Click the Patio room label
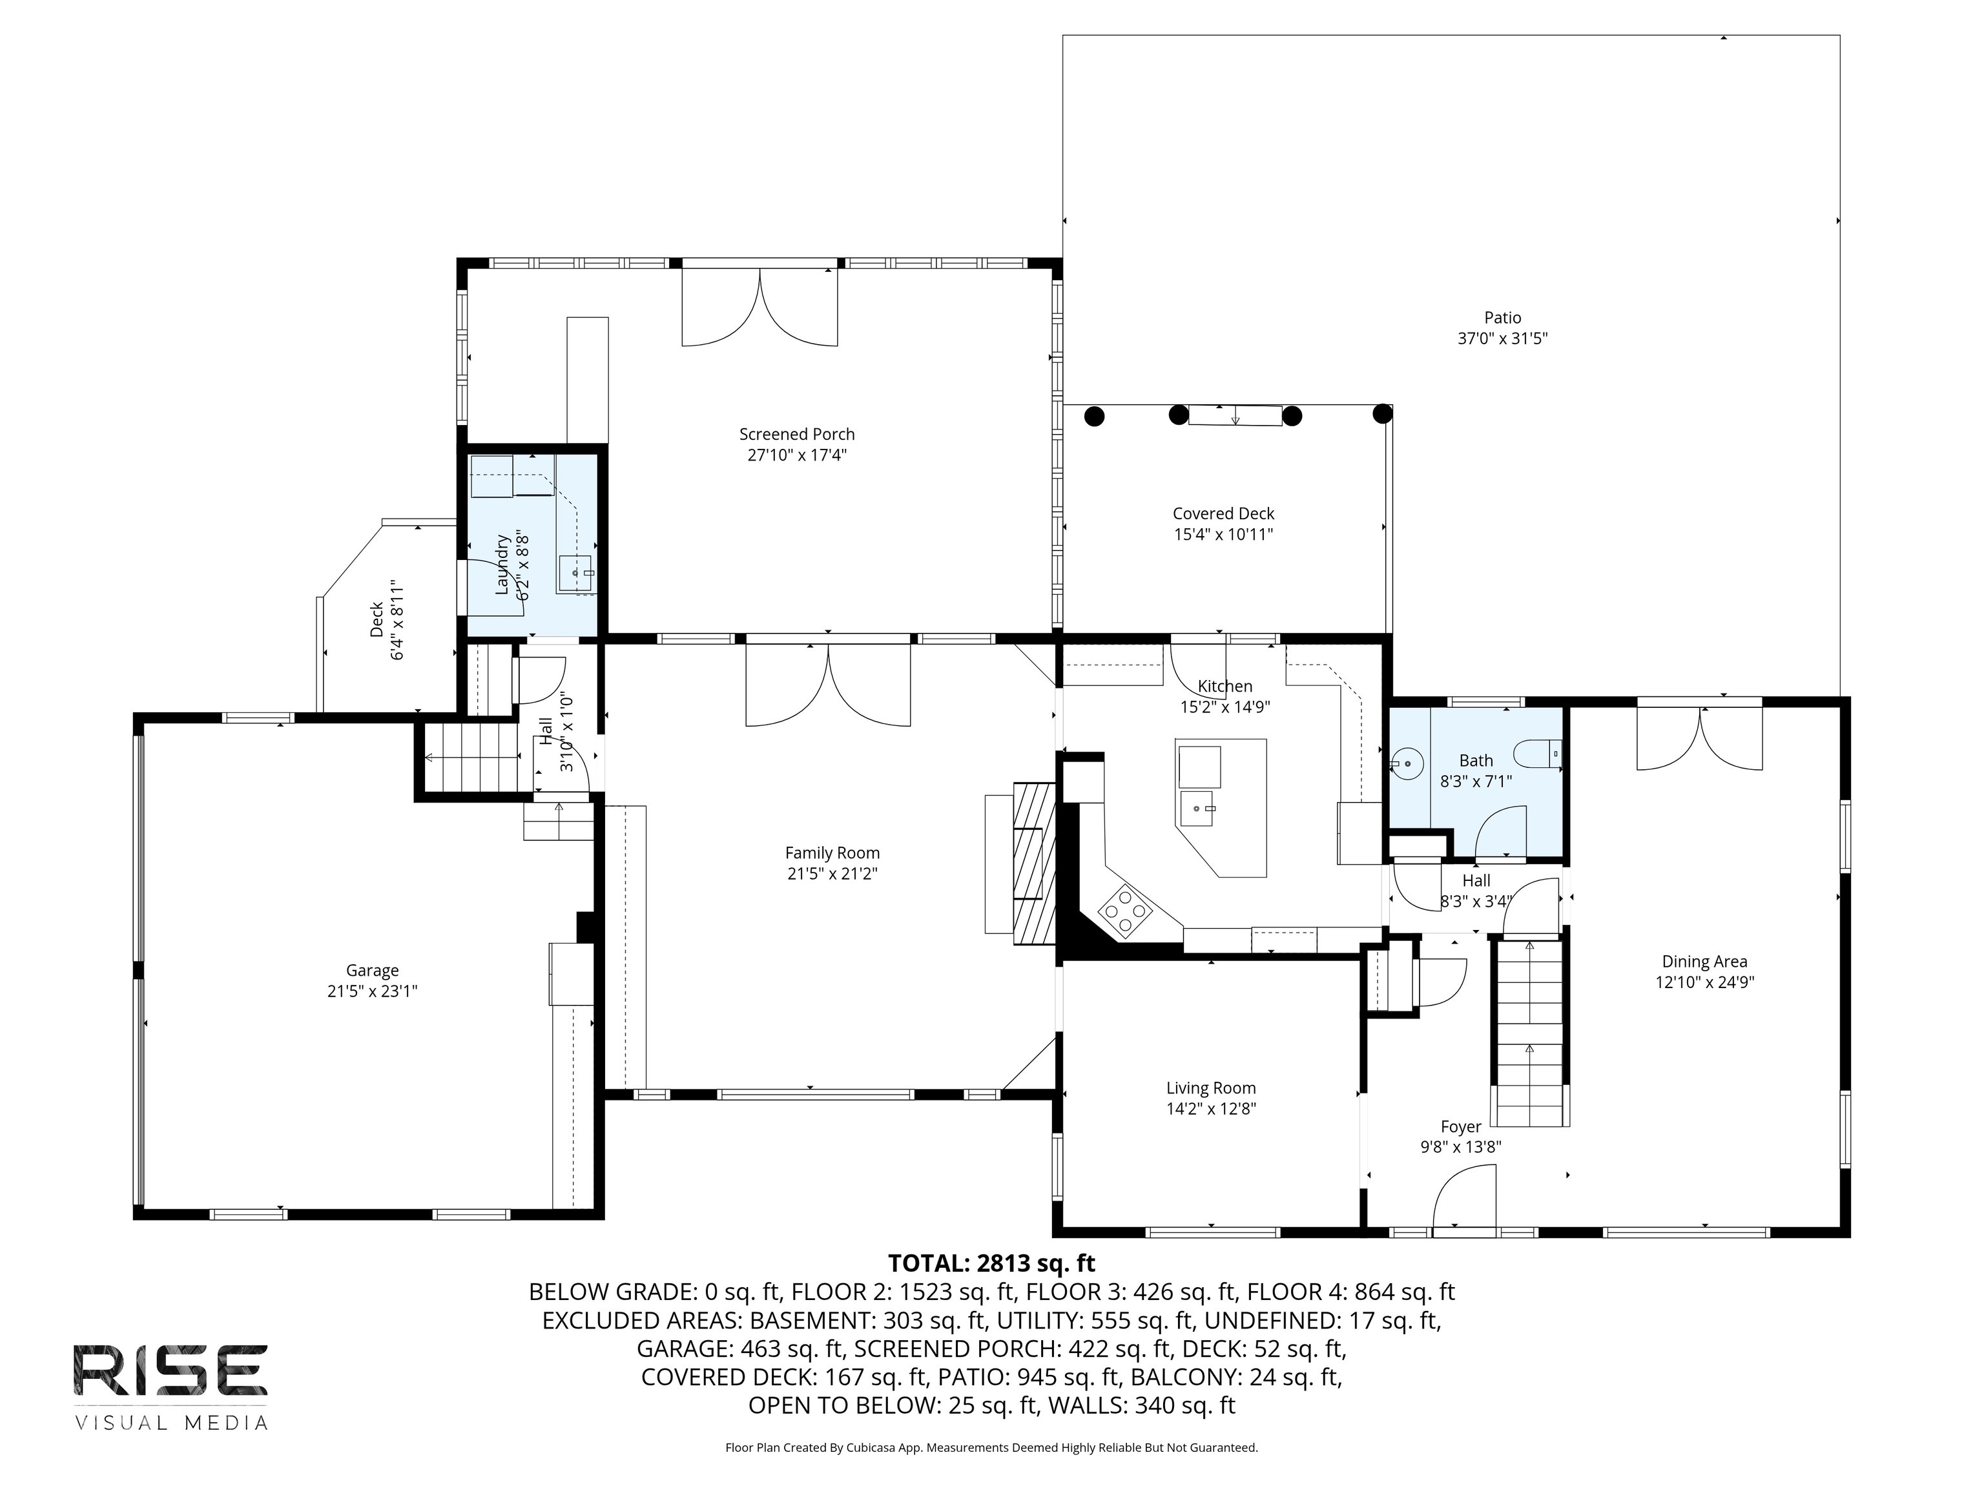pos(1502,318)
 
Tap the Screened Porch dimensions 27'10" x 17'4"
pos(798,455)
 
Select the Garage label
pos(372,971)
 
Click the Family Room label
pos(832,853)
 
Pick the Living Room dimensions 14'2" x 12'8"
pos(1211,1109)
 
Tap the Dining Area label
pos(1704,962)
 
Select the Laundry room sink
pos(576,573)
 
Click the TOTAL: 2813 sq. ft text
pos(991,1263)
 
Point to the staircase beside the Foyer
pos(1529,1031)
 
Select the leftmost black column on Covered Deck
pos(1094,416)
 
